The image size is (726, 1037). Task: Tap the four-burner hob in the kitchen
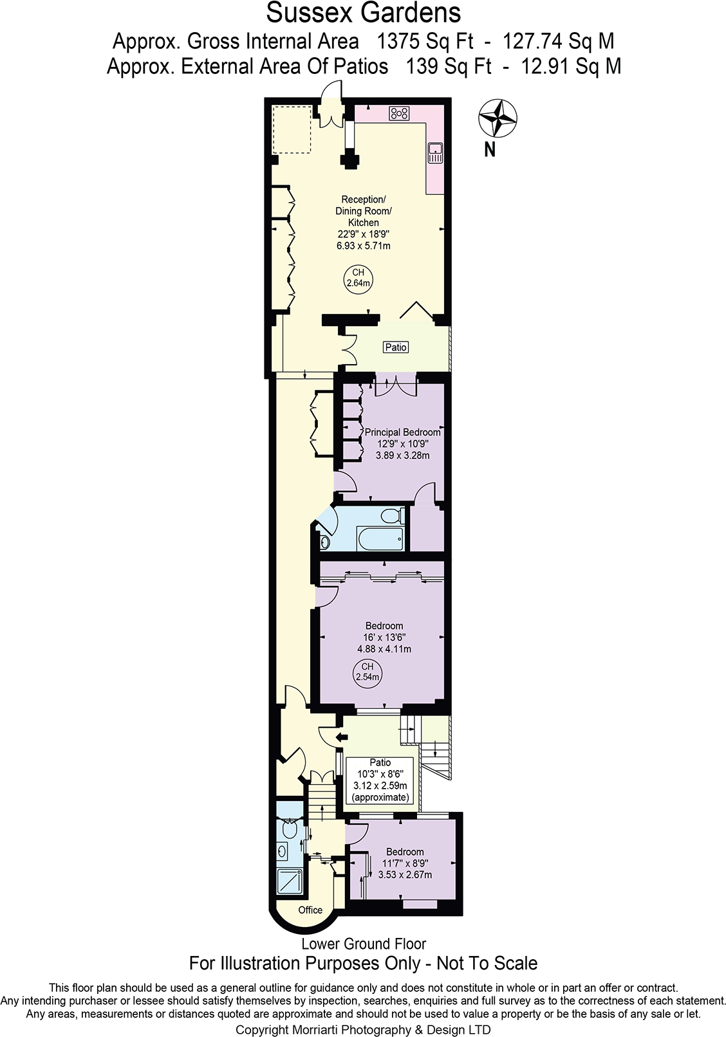(x=399, y=114)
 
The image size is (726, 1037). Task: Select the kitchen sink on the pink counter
(x=435, y=152)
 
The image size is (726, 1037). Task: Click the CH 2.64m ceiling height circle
(x=358, y=278)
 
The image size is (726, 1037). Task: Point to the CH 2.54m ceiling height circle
(x=368, y=672)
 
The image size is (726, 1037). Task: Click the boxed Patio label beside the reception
(x=396, y=347)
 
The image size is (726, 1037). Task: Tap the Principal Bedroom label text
(x=402, y=432)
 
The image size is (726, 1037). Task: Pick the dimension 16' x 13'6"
(x=384, y=638)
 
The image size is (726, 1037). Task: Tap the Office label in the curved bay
(x=310, y=910)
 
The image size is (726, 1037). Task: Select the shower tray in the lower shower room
(x=289, y=880)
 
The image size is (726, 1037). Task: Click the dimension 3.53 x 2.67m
(x=405, y=875)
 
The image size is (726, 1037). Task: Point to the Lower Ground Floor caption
(x=364, y=944)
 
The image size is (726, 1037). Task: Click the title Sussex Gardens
(x=364, y=13)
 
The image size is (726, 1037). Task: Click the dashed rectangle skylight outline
(x=292, y=129)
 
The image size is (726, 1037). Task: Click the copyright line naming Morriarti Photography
(x=363, y=1029)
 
